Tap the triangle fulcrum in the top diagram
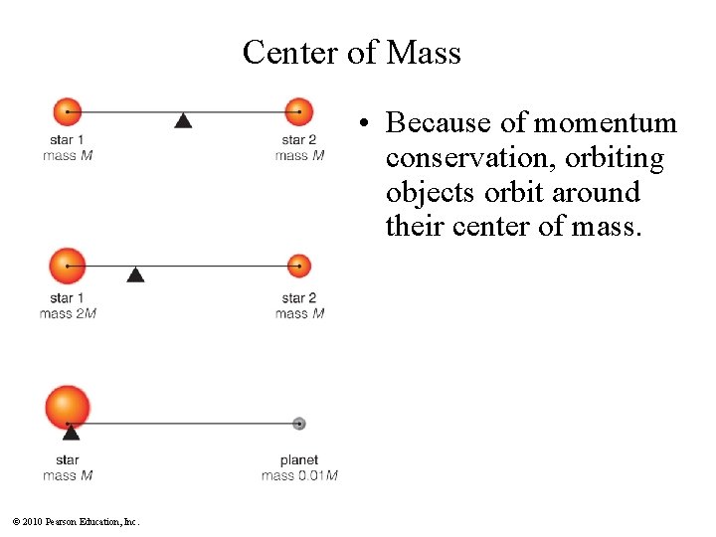point(183,120)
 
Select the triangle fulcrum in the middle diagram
point(135,273)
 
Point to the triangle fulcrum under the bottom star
point(71,432)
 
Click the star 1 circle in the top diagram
point(67,111)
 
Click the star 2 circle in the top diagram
point(298,111)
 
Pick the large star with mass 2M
point(68,266)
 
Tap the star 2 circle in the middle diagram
point(299,266)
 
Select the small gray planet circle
point(299,424)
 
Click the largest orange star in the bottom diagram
point(68,407)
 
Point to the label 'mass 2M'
point(68,314)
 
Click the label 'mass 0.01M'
point(299,475)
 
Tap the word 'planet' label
point(299,460)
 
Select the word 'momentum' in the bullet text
point(605,123)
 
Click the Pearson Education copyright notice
point(77,522)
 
